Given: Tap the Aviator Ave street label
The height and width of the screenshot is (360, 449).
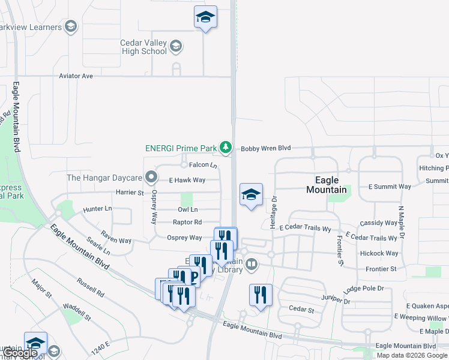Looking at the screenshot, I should (76, 76).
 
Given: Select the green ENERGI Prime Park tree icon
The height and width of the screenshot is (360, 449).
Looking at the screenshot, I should (225, 147).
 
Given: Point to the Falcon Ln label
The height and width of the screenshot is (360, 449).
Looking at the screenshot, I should (202, 165).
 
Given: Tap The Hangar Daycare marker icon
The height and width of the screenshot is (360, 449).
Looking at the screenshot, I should (151, 178).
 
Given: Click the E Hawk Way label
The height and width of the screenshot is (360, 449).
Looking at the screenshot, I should (187, 180).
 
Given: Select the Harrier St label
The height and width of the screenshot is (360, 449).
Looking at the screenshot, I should (130, 193).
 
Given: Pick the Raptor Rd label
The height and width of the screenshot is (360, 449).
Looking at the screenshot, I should (187, 222).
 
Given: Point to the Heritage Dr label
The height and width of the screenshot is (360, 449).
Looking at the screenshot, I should (274, 206).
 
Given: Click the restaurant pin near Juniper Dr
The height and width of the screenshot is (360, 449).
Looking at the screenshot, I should (261, 294).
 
